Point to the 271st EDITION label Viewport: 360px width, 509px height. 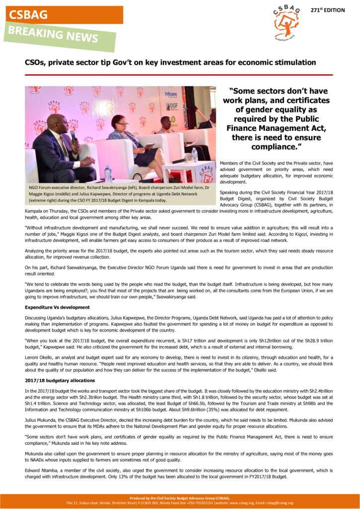click(327, 10)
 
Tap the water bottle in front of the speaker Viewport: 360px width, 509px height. click(108, 173)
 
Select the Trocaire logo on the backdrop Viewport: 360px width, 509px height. click(171, 94)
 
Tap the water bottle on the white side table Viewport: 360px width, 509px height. click(194, 156)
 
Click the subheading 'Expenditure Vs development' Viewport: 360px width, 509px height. click(57, 307)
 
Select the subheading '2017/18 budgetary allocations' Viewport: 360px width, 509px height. click(60, 380)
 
